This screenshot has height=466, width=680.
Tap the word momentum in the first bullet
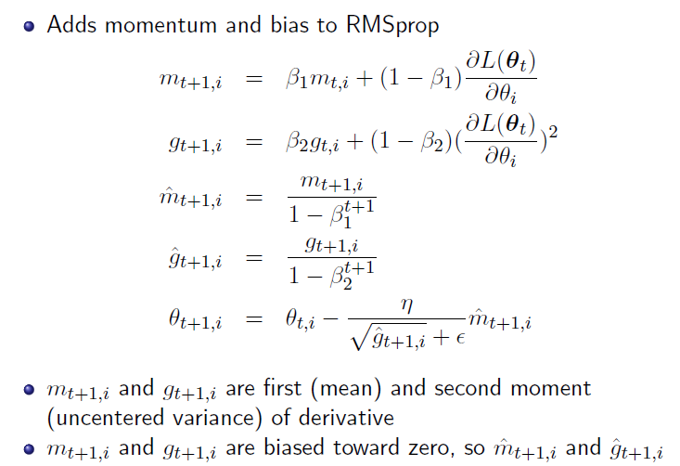point(148,25)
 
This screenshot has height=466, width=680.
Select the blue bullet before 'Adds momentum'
point(29,26)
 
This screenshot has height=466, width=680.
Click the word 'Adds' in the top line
point(71,25)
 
